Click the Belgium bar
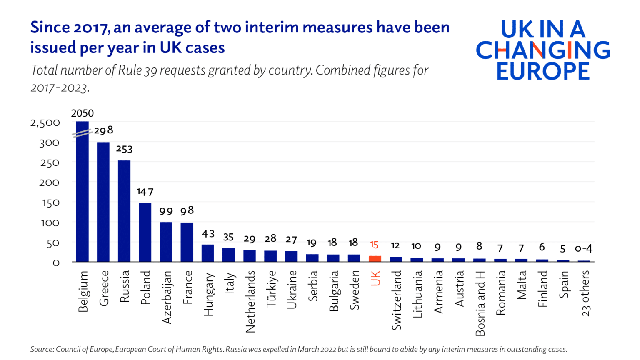[82, 196]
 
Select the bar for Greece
[103, 202]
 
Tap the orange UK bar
[375, 259]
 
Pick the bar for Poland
[145, 232]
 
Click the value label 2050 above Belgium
[82, 113]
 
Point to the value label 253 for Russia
[124, 149]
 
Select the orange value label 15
[374, 245]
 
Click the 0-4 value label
[583, 249]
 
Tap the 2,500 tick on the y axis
[45, 123]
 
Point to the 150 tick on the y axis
[50, 203]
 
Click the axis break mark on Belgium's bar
[82, 133]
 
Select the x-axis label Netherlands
[250, 302]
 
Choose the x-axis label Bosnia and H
[480, 303]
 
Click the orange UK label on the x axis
[375, 278]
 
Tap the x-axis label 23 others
[585, 293]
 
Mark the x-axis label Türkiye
[271, 289]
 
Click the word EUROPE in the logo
[543, 72]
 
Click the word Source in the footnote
[41, 349]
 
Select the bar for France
[187, 242]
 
